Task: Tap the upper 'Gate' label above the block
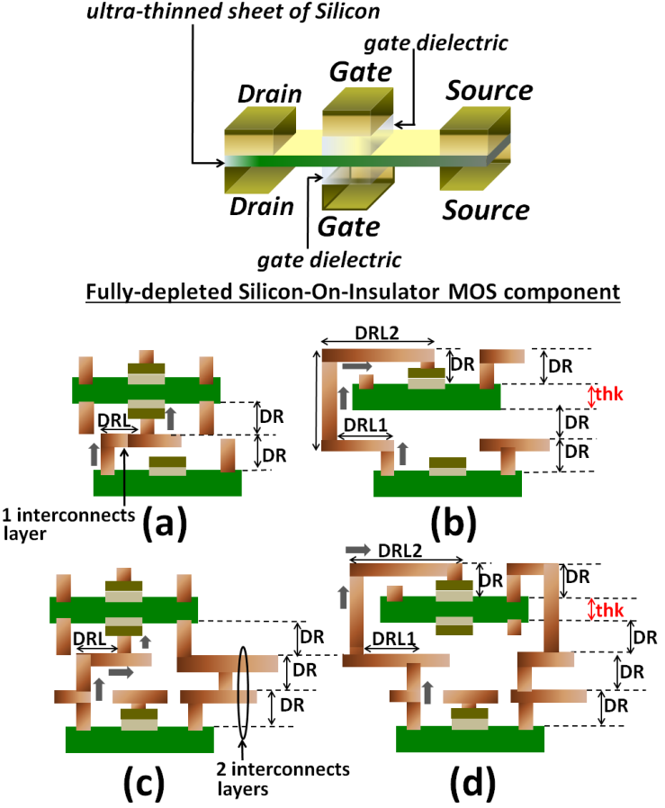coord(353,71)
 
